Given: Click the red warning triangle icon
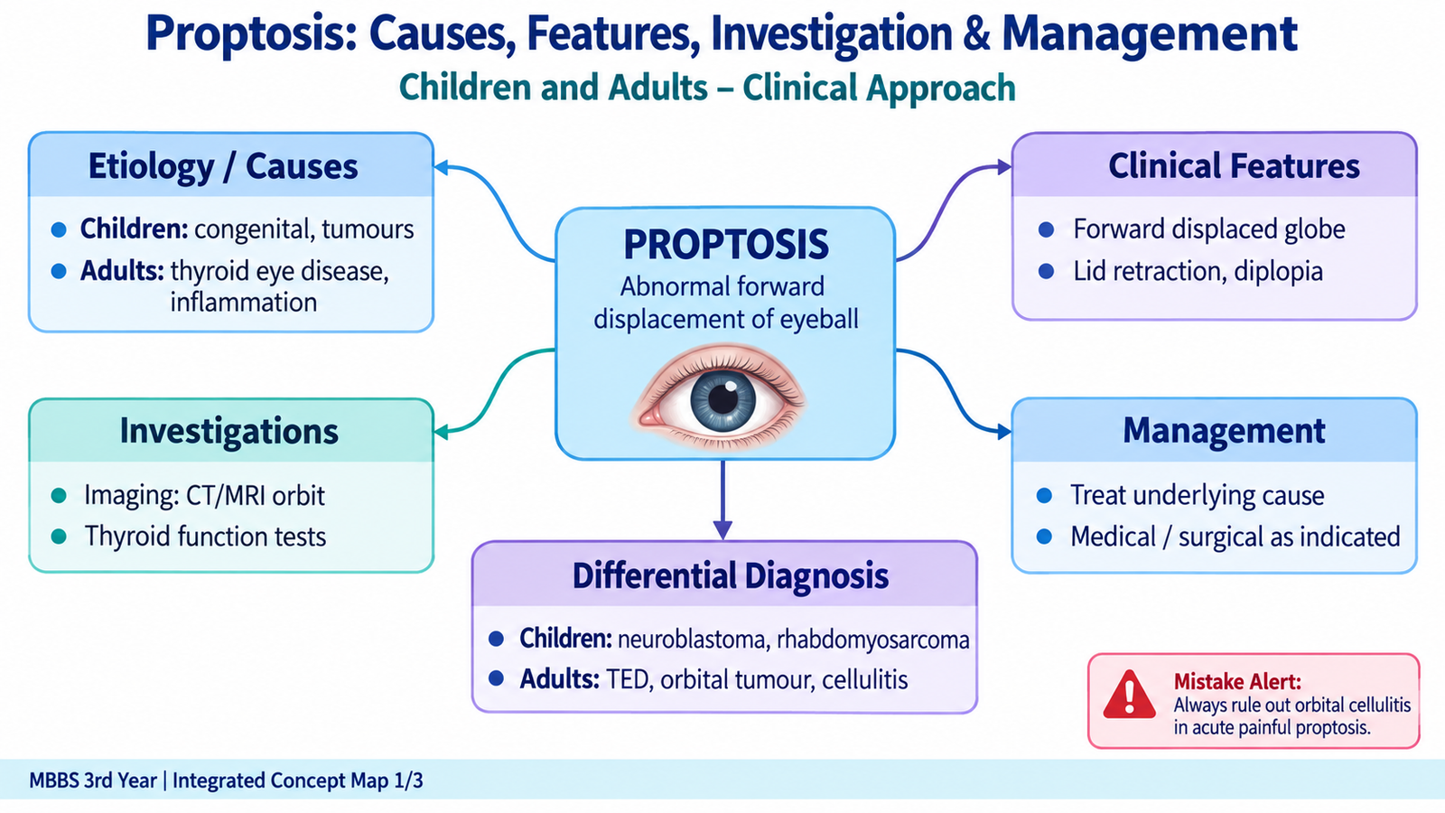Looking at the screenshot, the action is (x=1129, y=696).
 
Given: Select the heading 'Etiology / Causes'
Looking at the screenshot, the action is (x=222, y=166).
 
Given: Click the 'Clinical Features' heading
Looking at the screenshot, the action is (x=1234, y=166).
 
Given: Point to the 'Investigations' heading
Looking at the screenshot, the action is (x=229, y=431).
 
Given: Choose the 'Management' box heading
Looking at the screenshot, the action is (x=1224, y=430).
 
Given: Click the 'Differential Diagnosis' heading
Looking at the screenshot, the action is (x=731, y=575).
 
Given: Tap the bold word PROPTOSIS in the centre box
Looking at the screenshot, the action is (x=726, y=244).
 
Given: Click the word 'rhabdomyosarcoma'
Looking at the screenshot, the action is (x=872, y=640).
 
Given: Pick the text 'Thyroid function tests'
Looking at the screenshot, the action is (x=205, y=537).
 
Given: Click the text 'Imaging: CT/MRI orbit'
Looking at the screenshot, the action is (x=204, y=496).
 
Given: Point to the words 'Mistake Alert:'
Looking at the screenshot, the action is (x=1237, y=681).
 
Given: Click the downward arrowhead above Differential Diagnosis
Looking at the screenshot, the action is (x=722, y=529).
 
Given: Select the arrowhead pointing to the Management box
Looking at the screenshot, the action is (x=1003, y=432).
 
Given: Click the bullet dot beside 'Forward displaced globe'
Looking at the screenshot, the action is (x=1047, y=229).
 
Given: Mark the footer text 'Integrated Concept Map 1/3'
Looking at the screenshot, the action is (x=298, y=780).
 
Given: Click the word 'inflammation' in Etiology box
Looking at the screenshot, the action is (x=243, y=302).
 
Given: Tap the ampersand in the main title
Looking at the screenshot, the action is (x=976, y=34).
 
